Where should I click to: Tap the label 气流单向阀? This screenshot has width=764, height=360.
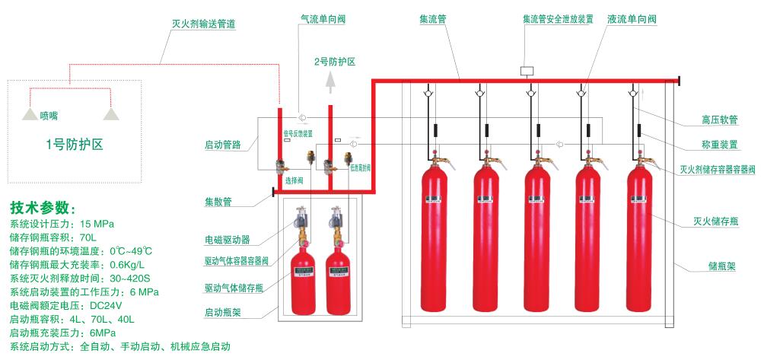[x=323, y=19]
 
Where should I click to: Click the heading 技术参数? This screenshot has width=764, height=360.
[x=43, y=208]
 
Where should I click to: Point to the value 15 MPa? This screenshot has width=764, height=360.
[x=97, y=224]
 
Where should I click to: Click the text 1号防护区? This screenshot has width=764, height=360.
[x=75, y=144]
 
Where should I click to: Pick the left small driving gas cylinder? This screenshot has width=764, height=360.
[x=304, y=274]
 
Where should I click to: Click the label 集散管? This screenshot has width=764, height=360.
[x=218, y=202]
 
